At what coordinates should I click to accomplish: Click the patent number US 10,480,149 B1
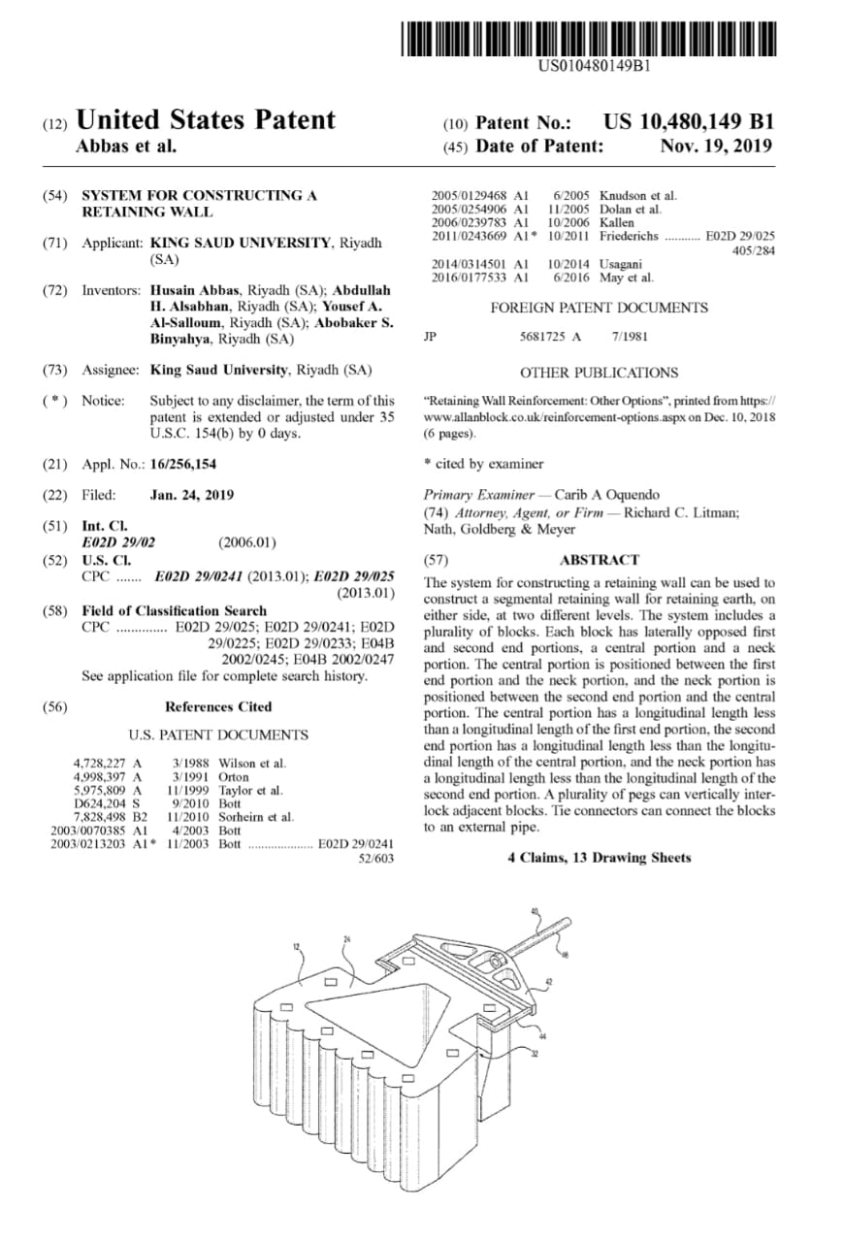688,122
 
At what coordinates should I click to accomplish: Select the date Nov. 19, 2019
716,147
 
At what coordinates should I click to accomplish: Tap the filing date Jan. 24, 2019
192,494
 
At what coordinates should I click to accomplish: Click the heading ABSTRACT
600,560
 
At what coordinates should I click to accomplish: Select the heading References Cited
218,706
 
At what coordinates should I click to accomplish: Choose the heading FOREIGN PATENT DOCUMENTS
599,308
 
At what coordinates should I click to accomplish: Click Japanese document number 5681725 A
550,337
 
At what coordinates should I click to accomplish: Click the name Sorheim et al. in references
256,818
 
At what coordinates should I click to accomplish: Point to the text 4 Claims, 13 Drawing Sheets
598,858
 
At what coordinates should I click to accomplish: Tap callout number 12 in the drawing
297,944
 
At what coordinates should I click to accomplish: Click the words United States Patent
205,120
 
